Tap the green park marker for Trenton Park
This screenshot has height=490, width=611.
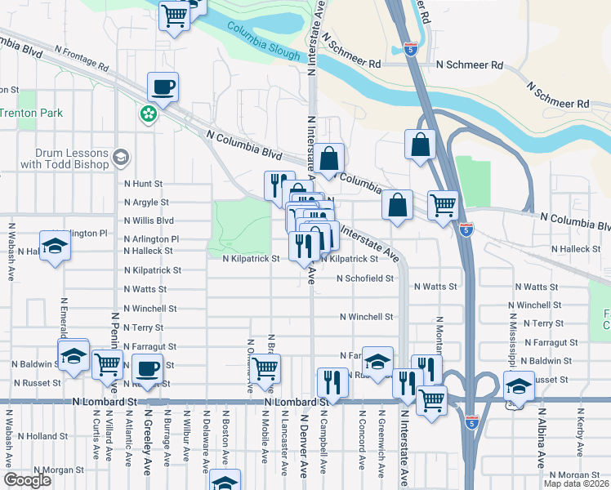[149, 114]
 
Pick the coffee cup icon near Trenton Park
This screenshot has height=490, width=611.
[163, 87]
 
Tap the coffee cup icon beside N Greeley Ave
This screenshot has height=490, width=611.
[147, 369]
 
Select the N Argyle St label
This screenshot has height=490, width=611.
[146, 202]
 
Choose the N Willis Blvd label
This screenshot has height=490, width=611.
[149, 220]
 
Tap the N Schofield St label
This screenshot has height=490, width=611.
[366, 278]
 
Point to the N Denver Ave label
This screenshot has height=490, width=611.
[302, 444]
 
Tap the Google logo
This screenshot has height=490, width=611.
[28, 479]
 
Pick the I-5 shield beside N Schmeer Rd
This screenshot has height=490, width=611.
[414, 50]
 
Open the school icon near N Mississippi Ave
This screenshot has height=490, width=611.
[518, 385]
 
